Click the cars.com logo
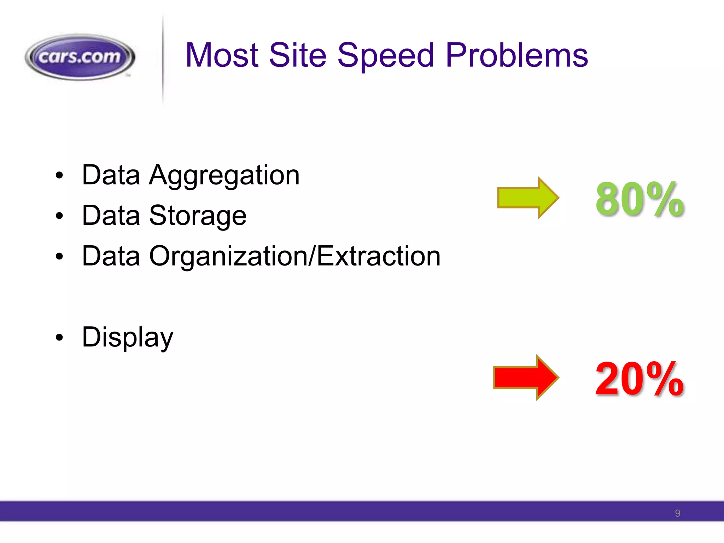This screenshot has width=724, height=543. (x=80, y=57)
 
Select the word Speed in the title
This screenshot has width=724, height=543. (x=385, y=56)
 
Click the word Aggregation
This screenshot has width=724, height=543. (x=224, y=176)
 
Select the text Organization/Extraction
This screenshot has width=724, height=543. (x=295, y=256)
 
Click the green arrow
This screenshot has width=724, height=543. (x=527, y=198)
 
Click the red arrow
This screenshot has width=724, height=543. (x=525, y=378)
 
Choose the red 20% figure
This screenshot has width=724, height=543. (x=640, y=379)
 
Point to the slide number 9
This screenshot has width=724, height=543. (x=677, y=513)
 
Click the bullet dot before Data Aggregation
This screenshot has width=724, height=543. (x=59, y=175)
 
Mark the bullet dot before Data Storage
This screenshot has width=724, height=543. (x=59, y=216)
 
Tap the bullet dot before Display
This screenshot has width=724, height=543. (x=59, y=338)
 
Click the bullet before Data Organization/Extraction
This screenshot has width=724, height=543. (x=59, y=257)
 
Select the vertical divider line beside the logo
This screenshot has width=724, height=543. (x=163, y=60)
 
